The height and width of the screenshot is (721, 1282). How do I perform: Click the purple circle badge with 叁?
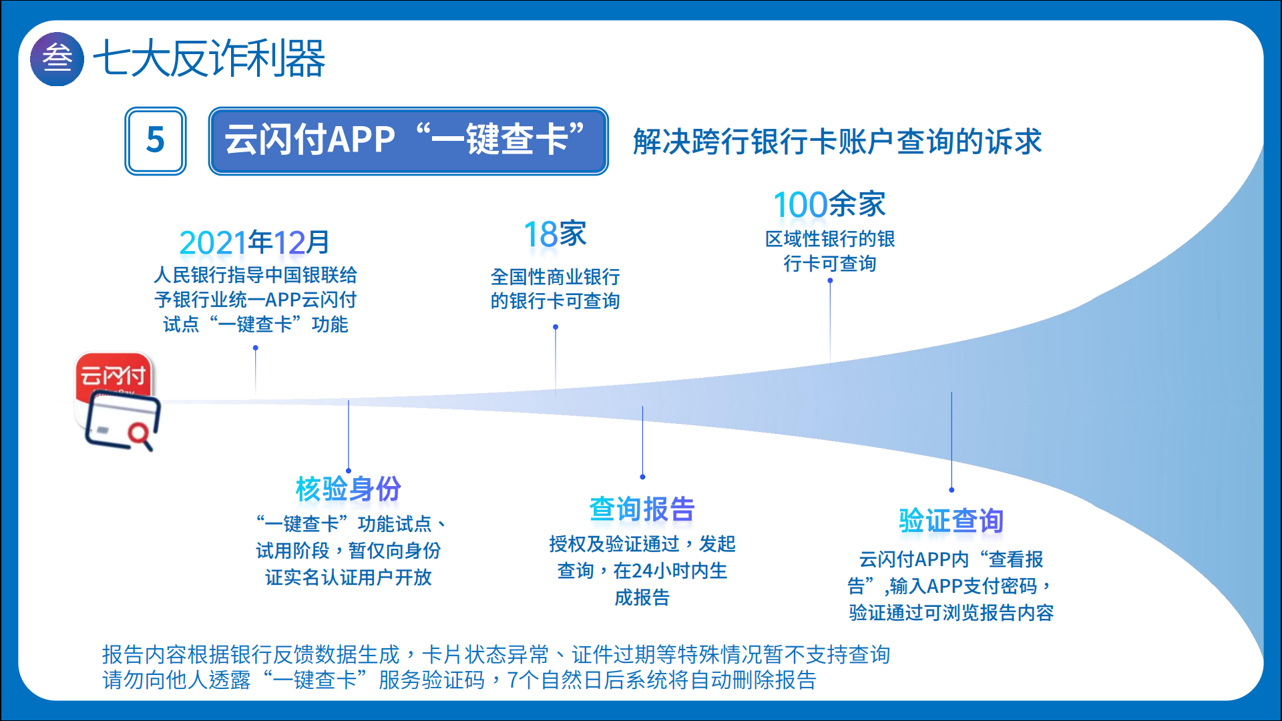(57, 59)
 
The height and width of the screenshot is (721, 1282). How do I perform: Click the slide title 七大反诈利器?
(208, 59)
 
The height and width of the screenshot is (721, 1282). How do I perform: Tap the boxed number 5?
(156, 141)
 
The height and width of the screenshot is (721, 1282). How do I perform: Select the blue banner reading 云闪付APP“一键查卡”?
(408, 141)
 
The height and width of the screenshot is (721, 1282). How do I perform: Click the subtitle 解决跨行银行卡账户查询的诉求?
(837, 142)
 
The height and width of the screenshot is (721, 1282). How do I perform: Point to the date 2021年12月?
(254, 242)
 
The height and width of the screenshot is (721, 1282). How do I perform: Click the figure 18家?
(555, 234)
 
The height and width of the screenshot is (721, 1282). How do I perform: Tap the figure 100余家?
(829, 204)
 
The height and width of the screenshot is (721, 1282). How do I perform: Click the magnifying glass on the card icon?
(141, 436)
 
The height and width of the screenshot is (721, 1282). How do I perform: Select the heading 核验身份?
(348, 489)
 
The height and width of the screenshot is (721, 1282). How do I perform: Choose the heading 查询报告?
(642, 509)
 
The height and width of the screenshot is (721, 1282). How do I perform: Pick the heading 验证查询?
(951, 521)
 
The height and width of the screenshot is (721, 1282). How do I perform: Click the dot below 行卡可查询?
(830, 280)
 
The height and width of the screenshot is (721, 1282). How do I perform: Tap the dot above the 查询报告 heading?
(642, 477)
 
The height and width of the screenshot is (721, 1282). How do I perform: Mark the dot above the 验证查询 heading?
(951, 490)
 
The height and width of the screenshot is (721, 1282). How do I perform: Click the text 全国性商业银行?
(555, 276)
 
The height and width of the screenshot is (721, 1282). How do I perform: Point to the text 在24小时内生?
(670, 571)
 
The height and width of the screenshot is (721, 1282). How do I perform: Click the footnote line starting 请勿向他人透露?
(459, 680)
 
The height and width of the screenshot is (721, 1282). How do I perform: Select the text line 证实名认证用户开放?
(348, 577)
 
